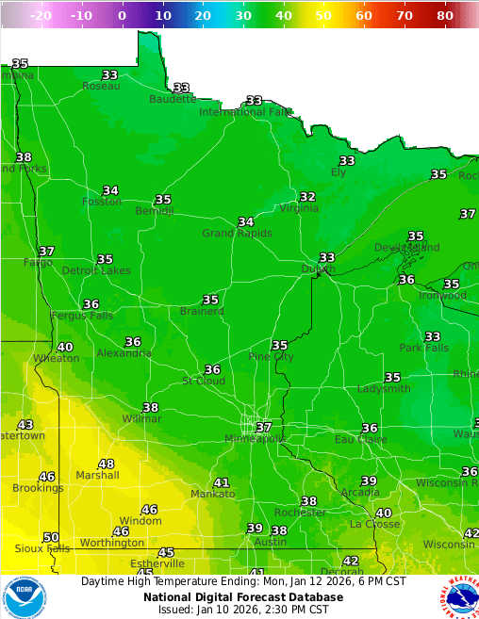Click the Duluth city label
pyautogui.click(x=318, y=269)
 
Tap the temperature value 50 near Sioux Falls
pyautogui.click(x=51, y=537)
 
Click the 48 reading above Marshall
pyautogui.click(x=107, y=464)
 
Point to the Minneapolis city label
pyautogui.click(x=255, y=439)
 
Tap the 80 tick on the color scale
pyautogui.click(x=445, y=16)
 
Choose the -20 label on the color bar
pyautogui.click(x=41, y=16)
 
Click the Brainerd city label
pyautogui.click(x=202, y=311)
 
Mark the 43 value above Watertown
pyautogui.click(x=25, y=425)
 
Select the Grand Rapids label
pyautogui.click(x=237, y=234)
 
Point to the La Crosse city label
pyautogui.click(x=369, y=524)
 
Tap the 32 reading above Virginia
pyautogui.click(x=307, y=197)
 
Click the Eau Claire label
pyautogui.click(x=357, y=440)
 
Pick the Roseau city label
pyautogui.click(x=101, y=86)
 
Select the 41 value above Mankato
pyautogui.click(x=222, y=482)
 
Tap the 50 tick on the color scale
pyautogui.click(x=323, y=16)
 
